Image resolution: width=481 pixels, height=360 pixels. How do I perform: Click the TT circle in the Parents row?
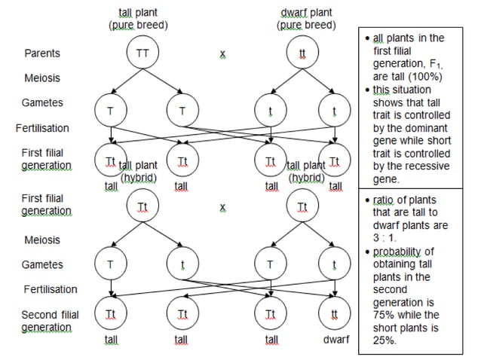(x=143, y=53)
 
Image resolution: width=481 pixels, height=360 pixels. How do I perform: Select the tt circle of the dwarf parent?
(x=305, y=53)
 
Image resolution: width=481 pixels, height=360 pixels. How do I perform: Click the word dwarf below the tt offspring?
(x=336, y=340)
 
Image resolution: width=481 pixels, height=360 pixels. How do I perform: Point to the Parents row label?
(x=43, y=53)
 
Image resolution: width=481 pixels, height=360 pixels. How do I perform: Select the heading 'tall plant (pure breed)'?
(x=138, y=19)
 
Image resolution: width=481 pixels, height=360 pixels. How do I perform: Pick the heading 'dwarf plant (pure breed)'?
(x=305, y=19)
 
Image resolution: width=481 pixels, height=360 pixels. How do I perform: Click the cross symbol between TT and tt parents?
(x=222, y=54)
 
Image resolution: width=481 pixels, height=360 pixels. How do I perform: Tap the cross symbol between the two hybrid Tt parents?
(x=222, y=206)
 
